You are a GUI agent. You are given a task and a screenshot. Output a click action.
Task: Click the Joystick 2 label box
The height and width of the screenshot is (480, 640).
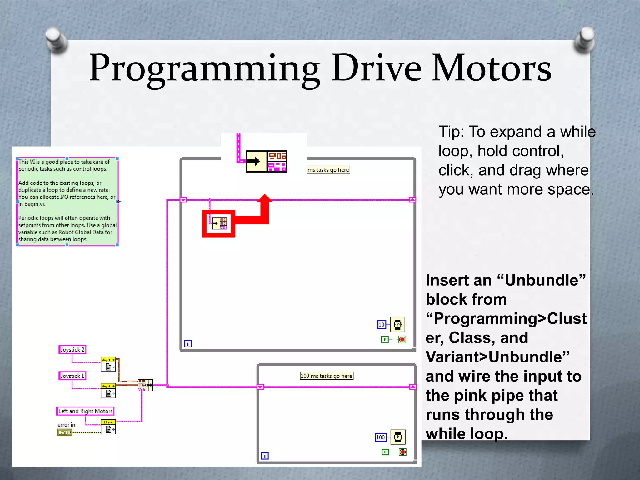click(x=72, y=350)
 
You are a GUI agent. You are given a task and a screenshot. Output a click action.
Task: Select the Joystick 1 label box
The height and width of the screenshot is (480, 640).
click(x=72, y=376)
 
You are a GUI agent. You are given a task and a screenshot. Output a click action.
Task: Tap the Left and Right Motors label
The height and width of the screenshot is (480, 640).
click(x=85, y=411)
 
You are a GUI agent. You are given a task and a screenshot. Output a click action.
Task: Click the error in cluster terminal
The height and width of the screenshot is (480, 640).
click(x=65, y=432)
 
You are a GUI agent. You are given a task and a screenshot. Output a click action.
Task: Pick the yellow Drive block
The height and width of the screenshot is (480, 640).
click(x=108, y=427)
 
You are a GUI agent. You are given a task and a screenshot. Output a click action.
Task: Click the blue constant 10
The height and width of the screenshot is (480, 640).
click(x=382, y=325)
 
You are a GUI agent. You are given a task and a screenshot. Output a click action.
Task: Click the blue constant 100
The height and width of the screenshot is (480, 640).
click(x=380, y=437)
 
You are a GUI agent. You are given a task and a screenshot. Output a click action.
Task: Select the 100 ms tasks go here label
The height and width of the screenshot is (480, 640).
click(x=326, y=376)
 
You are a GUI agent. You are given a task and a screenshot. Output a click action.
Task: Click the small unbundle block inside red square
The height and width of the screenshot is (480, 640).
click(x=219, y=223)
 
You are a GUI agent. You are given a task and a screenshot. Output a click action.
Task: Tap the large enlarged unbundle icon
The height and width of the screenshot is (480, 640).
click(x=266, y=162)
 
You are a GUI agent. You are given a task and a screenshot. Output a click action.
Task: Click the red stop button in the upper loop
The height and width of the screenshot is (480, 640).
click(x=402, y=340)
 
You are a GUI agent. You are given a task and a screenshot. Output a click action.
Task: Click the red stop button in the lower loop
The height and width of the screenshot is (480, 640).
click(x=403, y=452)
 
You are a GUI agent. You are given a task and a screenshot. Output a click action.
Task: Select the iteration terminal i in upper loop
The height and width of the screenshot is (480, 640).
click(x=188, y=344)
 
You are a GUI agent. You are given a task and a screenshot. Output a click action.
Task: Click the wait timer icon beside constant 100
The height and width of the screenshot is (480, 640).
click(x=398, y=437)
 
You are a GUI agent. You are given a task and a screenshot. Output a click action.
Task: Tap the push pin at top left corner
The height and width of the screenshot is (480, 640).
click(x=56, y=39)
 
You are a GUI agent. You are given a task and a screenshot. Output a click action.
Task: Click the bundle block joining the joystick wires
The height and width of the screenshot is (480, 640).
click(x=145, y=385)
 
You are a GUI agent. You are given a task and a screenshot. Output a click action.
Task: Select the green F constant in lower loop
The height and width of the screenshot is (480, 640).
click(x=385, y=452)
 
